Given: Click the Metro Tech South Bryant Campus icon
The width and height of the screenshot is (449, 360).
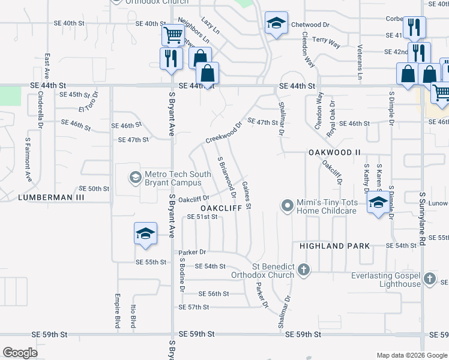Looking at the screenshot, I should point(135,178).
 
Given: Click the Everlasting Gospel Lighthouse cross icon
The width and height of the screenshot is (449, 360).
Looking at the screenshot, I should point(429,278).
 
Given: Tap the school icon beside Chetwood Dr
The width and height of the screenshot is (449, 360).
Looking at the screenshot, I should point(276,25).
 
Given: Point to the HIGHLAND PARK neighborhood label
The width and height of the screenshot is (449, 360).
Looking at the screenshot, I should point(328,246).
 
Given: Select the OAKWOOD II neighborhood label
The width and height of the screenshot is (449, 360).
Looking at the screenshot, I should point(334,152).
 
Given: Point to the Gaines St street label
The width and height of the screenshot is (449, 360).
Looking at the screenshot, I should point(247,196).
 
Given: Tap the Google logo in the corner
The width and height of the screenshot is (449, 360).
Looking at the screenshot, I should point(20,352).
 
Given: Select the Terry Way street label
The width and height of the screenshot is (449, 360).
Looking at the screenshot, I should point(327,42).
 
